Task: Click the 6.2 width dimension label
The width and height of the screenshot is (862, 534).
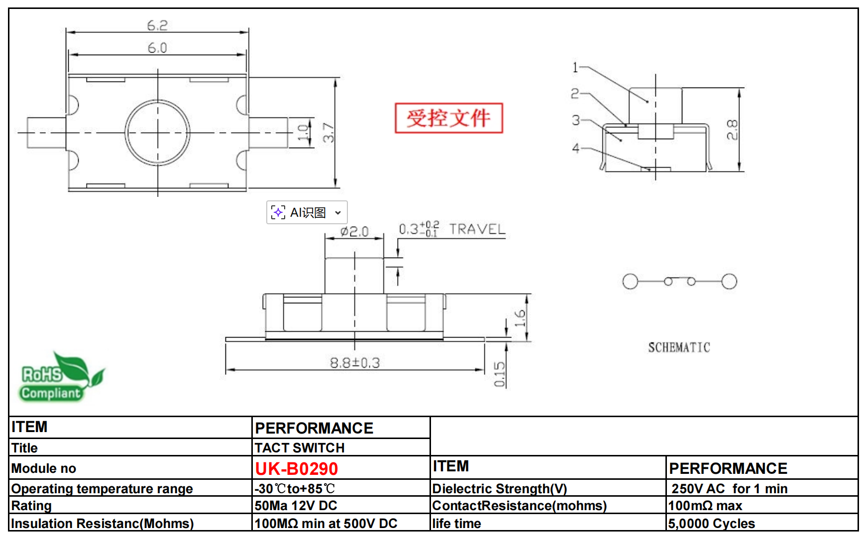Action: (x=157, y=25)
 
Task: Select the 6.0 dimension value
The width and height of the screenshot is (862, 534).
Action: (x=157, y=48)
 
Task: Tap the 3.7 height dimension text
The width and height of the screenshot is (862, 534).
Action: (x=328, y=133)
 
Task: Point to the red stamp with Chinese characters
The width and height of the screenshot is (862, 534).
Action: (x=448, y=118)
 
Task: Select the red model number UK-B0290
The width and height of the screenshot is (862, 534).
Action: (x=296, y=469)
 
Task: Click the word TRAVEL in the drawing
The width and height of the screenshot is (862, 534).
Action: (x=477, y=229)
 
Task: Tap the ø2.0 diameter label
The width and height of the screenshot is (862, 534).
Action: (x=354, y=232)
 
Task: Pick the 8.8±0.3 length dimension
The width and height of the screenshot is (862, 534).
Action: (x=355, y=363)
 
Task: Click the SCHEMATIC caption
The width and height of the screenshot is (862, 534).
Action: (x=679, y=348)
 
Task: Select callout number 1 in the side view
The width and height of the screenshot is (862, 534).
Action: (x=575, y=67)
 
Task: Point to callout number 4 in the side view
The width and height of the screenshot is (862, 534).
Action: (x=576, y=148)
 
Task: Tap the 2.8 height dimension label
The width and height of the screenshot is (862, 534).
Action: (x=732, y=130)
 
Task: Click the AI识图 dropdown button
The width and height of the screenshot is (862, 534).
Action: (x=307, y=213)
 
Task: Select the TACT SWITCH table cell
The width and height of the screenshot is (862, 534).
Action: (x=300, y=448)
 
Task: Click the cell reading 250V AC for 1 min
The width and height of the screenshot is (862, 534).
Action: (x=729, y=489)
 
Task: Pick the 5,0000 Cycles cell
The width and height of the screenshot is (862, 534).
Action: (x=711, y=524)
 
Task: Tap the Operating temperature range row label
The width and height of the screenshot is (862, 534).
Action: (x=102, y=489)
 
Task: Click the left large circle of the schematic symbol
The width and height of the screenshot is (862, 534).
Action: (x=630, y=281)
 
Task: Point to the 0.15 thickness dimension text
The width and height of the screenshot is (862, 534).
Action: (x=499, y=374)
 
